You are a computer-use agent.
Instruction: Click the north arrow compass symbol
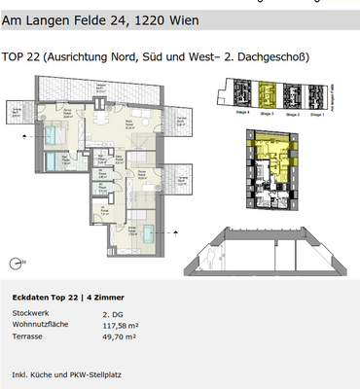[13, 260]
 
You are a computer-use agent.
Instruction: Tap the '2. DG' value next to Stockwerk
[110, 315]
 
